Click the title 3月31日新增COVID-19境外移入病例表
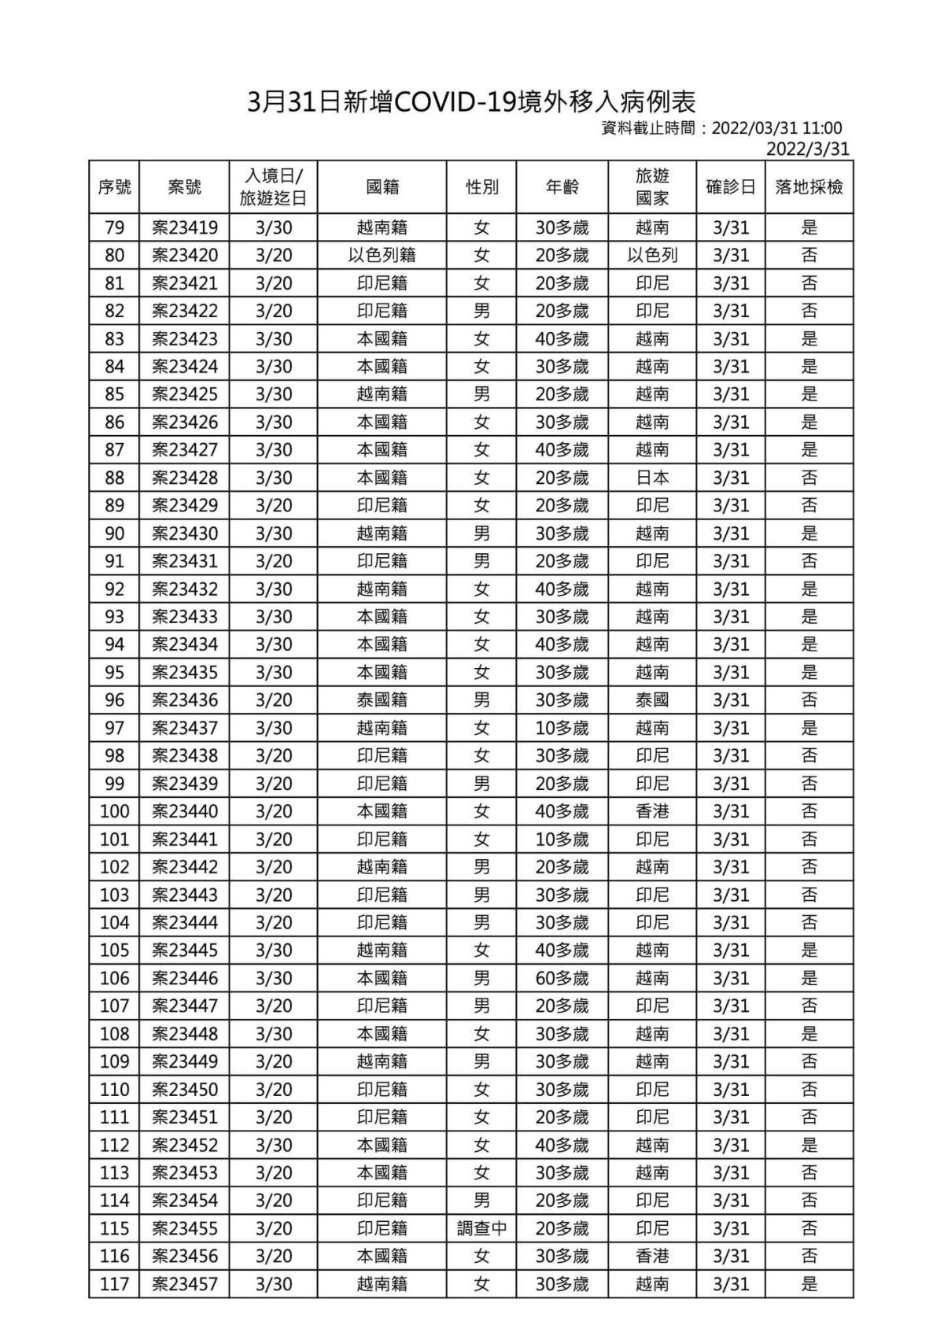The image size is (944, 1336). (x=471, y=101)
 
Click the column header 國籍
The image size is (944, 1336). (x=382, y=187)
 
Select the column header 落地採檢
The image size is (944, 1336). (x=809, y=187)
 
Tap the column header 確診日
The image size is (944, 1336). (x=730, y=187)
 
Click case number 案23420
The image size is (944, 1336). (x=185, y=256)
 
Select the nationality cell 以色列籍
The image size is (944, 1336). (x=382, y=256)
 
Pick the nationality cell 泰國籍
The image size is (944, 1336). (x=382, y=700)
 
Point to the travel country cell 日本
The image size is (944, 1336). (x=652, y=478)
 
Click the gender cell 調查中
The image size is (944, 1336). (x=481, y=1228)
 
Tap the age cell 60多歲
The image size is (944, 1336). (x=562, y=978)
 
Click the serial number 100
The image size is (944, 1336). (x=114, y=811)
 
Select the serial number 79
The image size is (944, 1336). (x=114, y=228)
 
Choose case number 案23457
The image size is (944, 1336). (x=185, y=1284)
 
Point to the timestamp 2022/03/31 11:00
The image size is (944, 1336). (x=776, y=128)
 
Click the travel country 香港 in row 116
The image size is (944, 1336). (x=652, y=1257)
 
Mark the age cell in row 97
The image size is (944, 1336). (x=562, y=728)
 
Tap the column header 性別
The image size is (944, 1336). (x=481, y=187)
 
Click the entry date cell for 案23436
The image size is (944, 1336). (x=274, y=700)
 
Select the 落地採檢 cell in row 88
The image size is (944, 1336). (x=809, y=478)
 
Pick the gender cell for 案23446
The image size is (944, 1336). (x=481, y=978)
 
